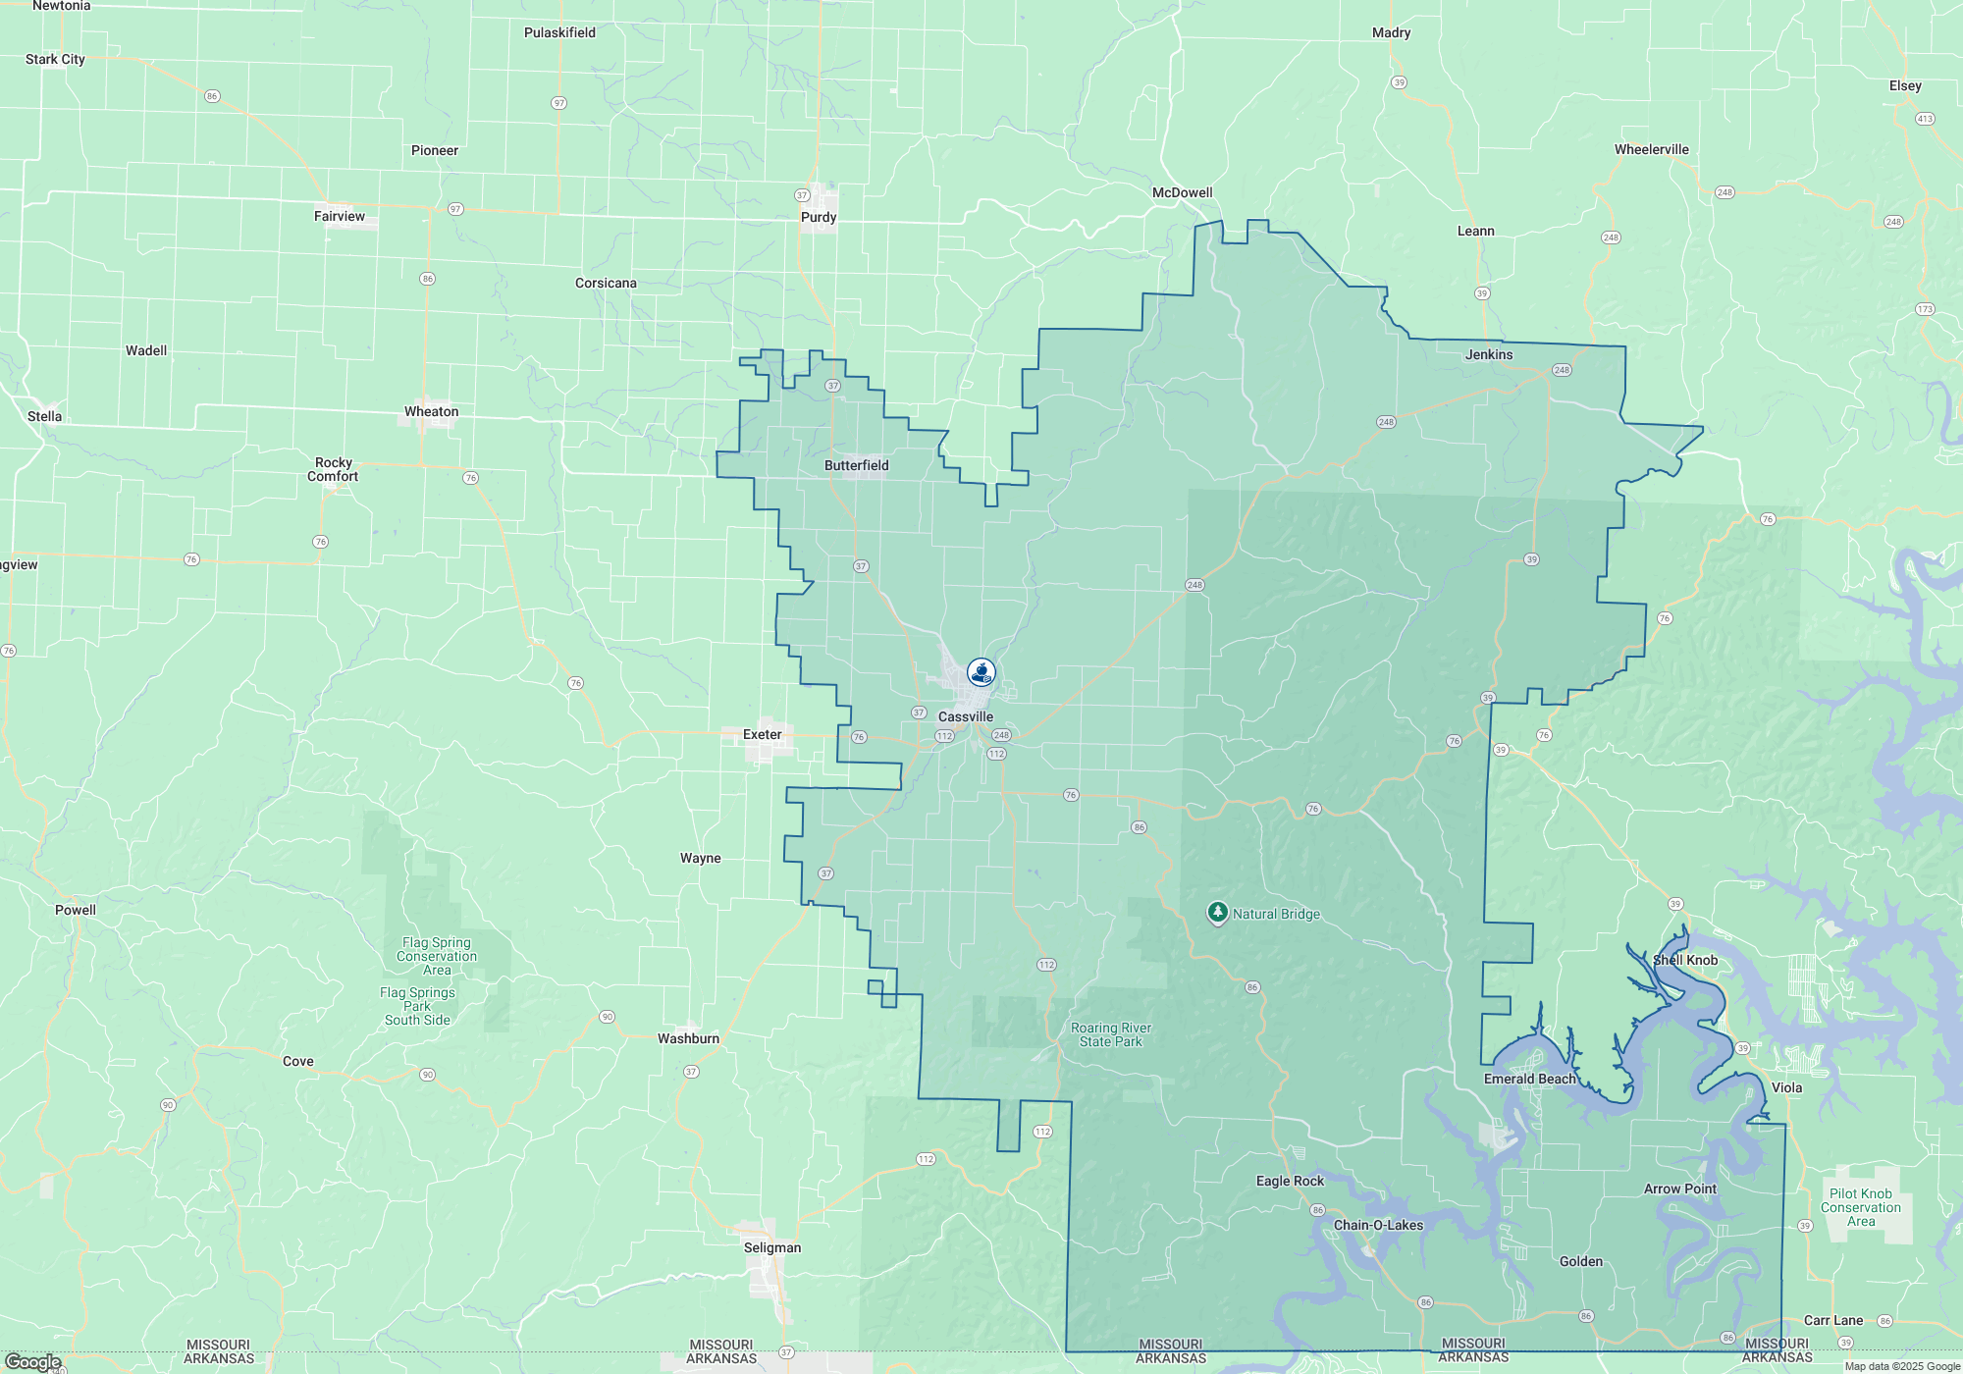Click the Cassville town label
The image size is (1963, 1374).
point(966,716)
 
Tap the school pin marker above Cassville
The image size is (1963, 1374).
point(981,672)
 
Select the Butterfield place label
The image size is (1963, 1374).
point(856,465)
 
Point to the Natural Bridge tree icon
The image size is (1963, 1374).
point(1217,914)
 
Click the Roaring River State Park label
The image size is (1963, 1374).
point(1111,1034)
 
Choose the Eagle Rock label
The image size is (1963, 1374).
point(1290,1181)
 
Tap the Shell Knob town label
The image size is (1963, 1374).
point(1685,960)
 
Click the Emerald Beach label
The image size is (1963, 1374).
point(1529,1079)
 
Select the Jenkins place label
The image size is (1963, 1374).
point(1489,354)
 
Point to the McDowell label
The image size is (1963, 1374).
point(1182,192)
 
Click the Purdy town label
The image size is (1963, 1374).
point(819,217)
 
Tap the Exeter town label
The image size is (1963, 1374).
point(763,734)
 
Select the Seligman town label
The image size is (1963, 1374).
point(772,1247)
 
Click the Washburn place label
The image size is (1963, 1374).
point(688,1038)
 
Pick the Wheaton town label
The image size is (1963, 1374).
point(431,411)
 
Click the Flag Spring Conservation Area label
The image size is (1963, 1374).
point(437,956)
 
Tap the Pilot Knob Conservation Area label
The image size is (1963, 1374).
point(1861,1207)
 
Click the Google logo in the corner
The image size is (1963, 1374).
point(33,1361)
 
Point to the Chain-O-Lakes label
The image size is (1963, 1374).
point(1378,1225)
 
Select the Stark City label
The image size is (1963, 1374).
point(55,59)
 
